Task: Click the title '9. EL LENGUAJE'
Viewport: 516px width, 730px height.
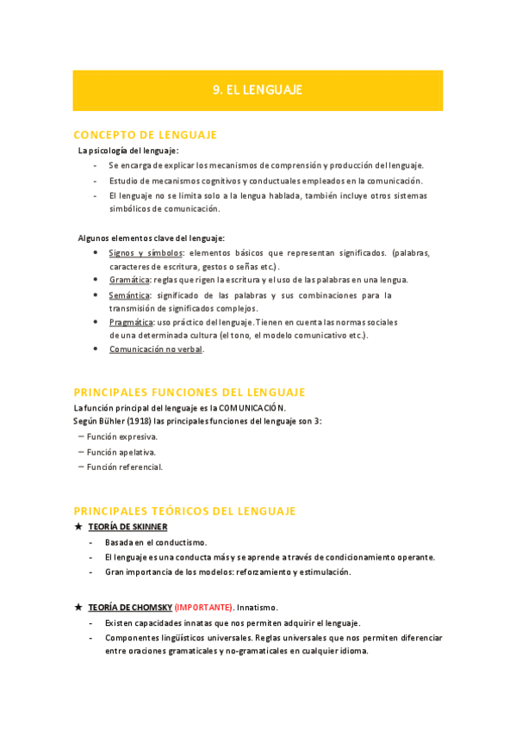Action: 258,90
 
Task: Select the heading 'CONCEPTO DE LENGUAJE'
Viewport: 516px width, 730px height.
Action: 146,135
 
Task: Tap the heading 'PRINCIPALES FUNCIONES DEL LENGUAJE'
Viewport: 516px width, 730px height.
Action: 190,392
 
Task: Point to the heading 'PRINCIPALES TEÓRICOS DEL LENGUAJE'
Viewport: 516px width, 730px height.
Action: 185,510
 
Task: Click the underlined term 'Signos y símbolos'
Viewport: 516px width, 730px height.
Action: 145,253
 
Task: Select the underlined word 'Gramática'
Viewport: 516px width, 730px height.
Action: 129,280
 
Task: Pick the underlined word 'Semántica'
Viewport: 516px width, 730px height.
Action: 129,295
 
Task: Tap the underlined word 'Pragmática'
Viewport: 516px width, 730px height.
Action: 131,322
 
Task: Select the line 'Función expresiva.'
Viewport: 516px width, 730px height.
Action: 122,436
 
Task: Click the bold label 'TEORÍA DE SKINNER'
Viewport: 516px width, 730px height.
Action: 127,527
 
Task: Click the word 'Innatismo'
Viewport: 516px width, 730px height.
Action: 256,607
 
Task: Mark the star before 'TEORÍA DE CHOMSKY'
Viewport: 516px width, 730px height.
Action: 78,607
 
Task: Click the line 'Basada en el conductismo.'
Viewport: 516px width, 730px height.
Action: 156,543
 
